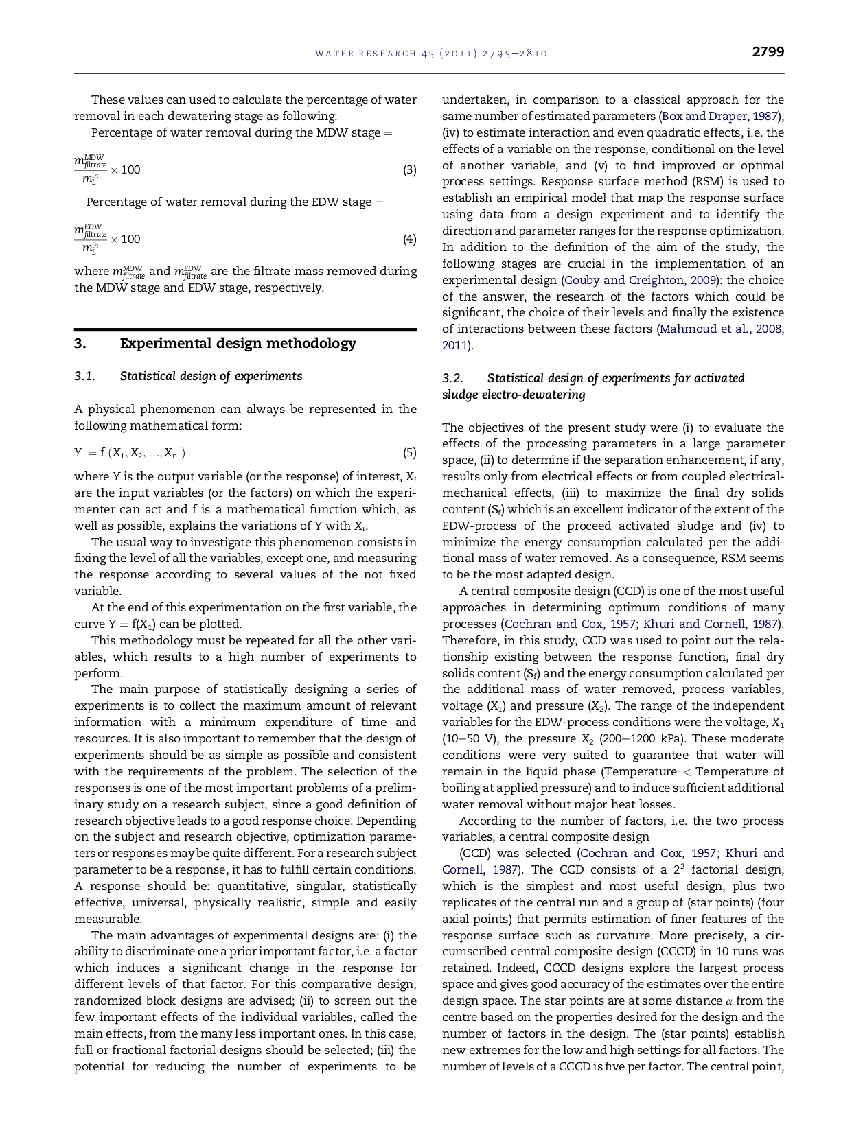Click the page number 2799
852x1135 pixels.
[x=768, y=52]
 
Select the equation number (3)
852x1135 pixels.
[x=409, y=170]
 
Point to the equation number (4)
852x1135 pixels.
[x=409, y=239]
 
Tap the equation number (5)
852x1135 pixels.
[x=409, y=453]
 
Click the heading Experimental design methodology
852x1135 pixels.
[x=238, y=343]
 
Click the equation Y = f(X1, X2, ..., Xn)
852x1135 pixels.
[x=130, y=453]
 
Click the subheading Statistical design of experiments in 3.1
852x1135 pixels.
[x=211, y=376]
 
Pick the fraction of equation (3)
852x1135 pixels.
[x=90, y=170]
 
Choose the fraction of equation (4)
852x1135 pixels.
[x=90, y=239]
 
